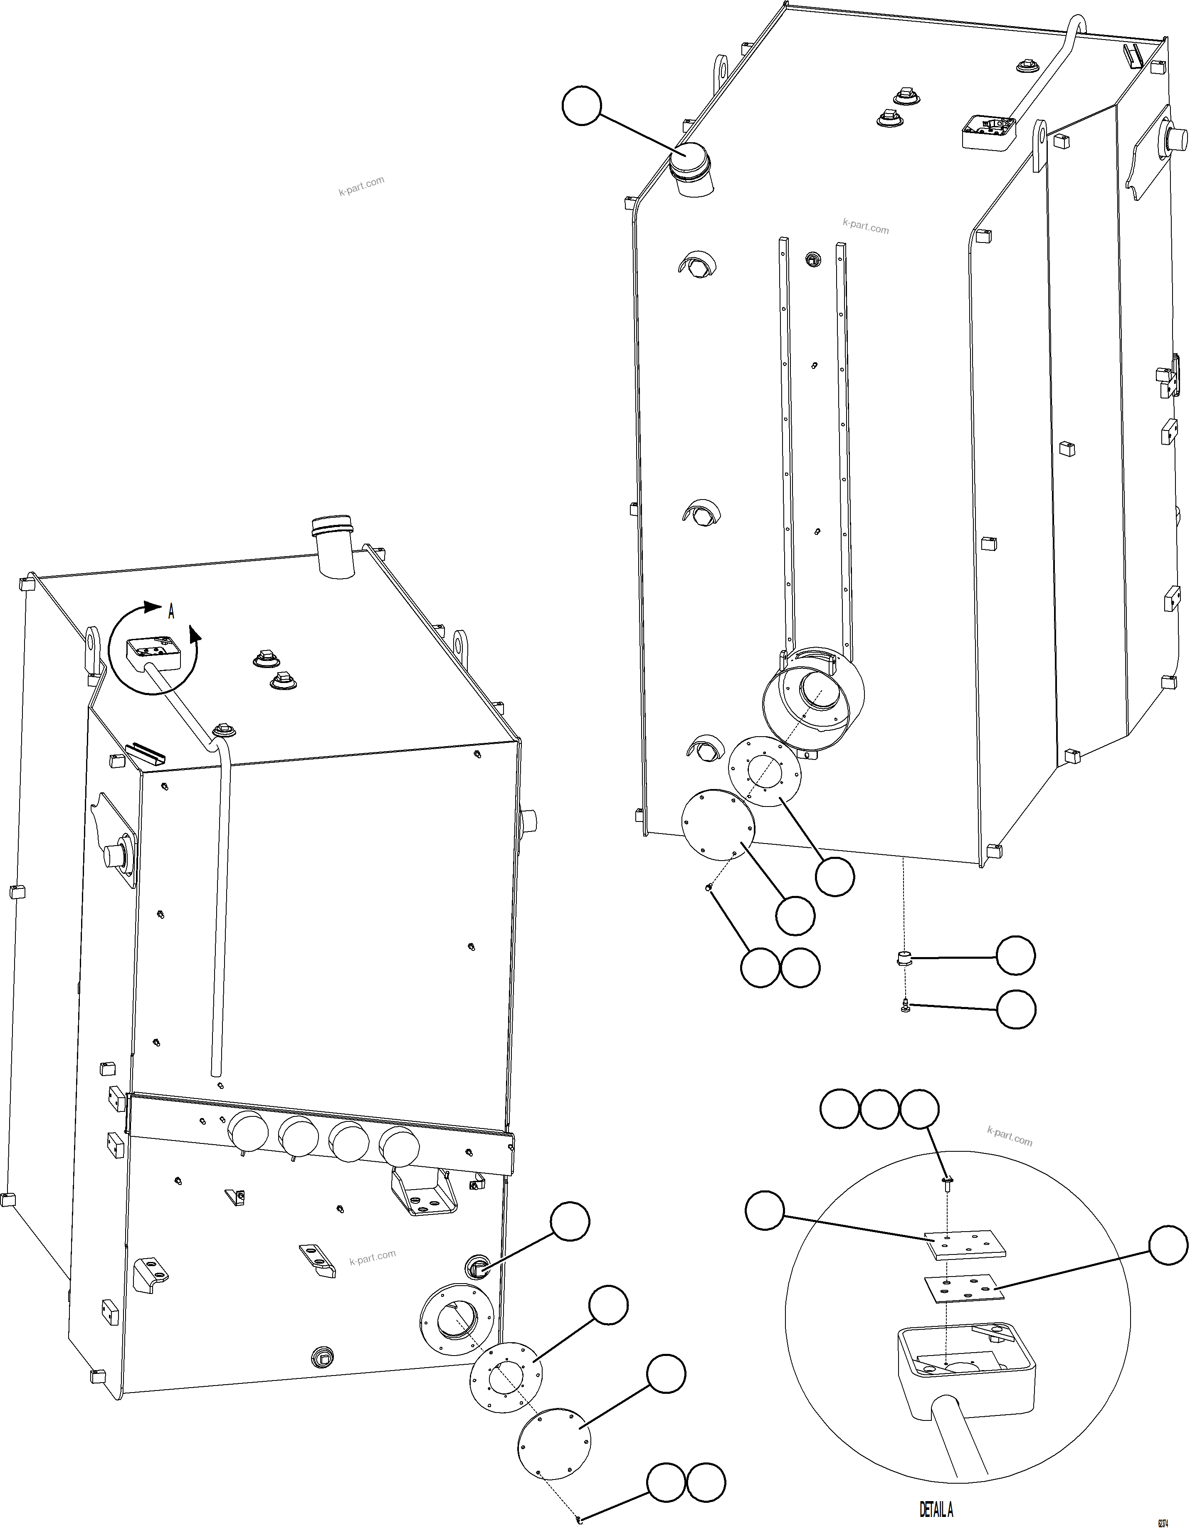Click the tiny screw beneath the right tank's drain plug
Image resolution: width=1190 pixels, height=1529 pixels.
tap(905, 1006)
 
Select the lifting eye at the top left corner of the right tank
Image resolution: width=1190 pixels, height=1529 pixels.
tap(720, 72)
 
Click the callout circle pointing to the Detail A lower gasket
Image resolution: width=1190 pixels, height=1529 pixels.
tap(1168, 1245)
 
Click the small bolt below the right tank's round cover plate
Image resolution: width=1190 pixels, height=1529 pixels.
tap(709, 888)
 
